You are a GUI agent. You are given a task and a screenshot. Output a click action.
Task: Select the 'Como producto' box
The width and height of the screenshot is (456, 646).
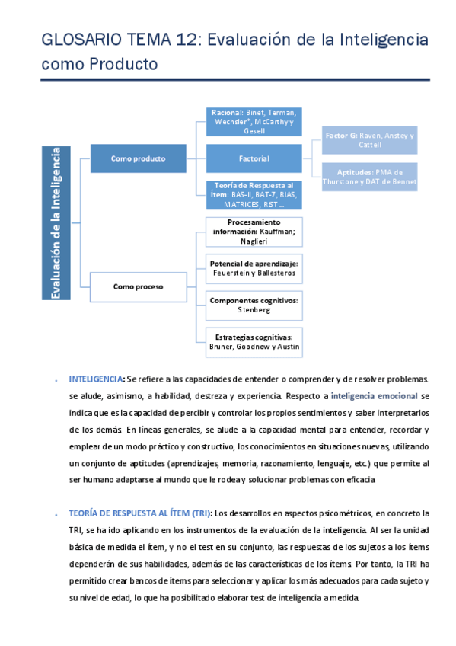[138, 158]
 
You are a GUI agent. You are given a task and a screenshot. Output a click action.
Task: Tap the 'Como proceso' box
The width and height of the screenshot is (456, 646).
[138, 287]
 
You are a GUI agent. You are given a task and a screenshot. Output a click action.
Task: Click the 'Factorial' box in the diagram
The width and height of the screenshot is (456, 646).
[254, 158]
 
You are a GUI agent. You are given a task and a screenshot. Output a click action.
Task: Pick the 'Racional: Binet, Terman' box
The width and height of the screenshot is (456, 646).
[254, 122]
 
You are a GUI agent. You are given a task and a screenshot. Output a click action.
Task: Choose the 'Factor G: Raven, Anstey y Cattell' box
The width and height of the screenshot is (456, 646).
[369, 140]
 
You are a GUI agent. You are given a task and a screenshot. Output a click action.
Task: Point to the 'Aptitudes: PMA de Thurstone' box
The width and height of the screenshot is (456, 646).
[369, 177]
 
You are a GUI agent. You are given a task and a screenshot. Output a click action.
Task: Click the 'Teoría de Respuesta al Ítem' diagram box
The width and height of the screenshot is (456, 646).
[254, 195]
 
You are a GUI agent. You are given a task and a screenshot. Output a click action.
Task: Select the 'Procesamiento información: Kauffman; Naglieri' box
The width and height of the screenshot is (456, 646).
[254, 231]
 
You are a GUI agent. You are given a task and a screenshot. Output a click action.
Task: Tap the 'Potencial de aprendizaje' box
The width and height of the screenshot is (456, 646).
[254, 267]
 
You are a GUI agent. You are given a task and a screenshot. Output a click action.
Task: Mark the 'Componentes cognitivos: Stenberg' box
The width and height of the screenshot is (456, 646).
[254, 305]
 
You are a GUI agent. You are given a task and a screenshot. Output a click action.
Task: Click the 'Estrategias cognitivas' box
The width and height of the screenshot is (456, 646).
[254, 341]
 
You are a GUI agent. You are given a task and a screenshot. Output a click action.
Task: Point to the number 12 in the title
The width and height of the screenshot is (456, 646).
[188, 40]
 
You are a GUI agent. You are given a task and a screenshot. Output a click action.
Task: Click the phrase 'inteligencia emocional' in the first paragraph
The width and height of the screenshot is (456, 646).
[374, 396]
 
